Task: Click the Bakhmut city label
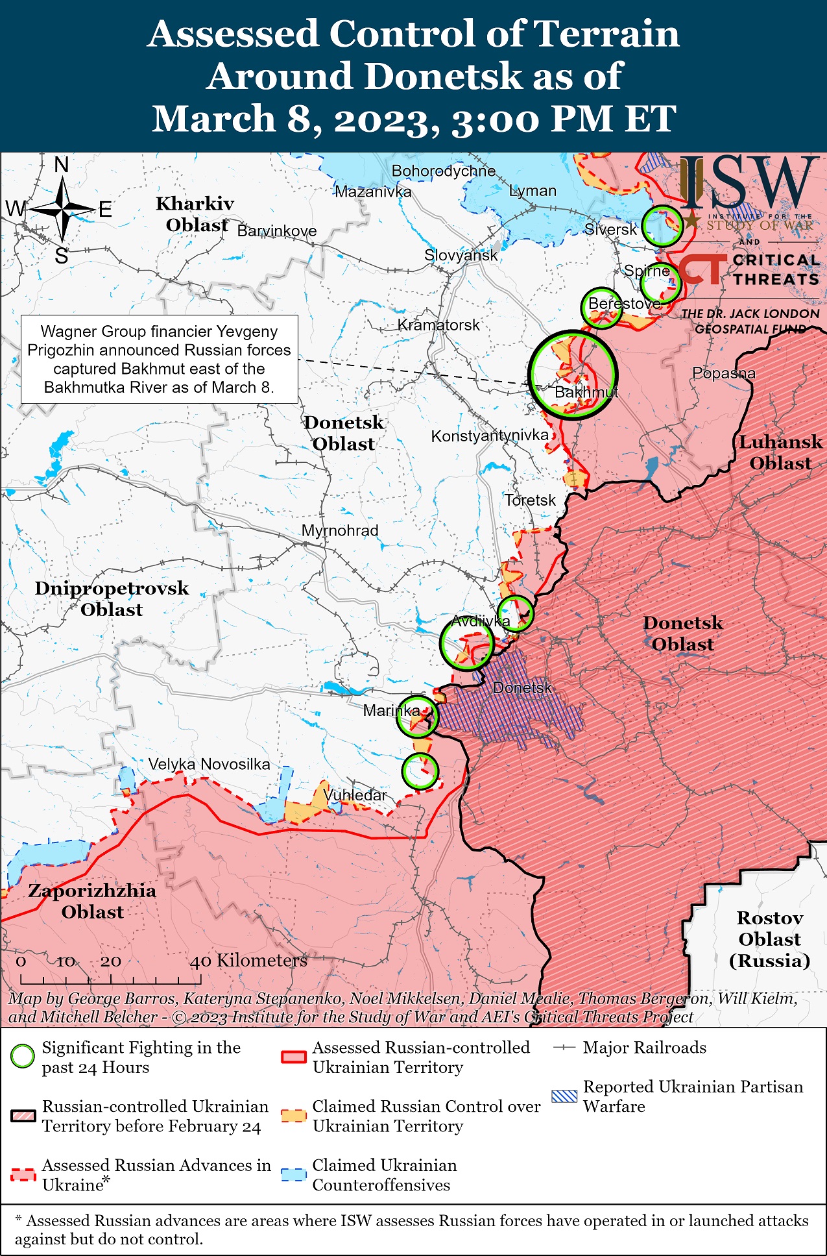[x=586, y=392]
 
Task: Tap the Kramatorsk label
[x=438, y=325]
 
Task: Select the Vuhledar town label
[x=355, y=794]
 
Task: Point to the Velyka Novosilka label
[x=209, y=764]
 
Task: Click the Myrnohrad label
[x=340, y=530]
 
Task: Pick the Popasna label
[x=724, y=373]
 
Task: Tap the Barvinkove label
[x=277, y=231]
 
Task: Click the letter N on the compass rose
[x=62, y=165]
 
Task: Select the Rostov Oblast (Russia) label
[x=769, y=939]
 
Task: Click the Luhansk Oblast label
[x=780, y=452]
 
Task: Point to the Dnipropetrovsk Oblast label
[x=112, y=598]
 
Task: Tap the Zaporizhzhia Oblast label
[x=92, y=901]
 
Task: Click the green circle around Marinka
[x=417, y=716]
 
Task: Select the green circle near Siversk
[x=662, y=225]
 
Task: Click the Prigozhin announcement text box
[x=159, y=359]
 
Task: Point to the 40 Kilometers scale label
[x=248, y=960]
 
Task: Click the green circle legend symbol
[x=23, y=1056]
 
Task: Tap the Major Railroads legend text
[x=644, y=1047]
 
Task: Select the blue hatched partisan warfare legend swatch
[x=563, y=1096]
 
